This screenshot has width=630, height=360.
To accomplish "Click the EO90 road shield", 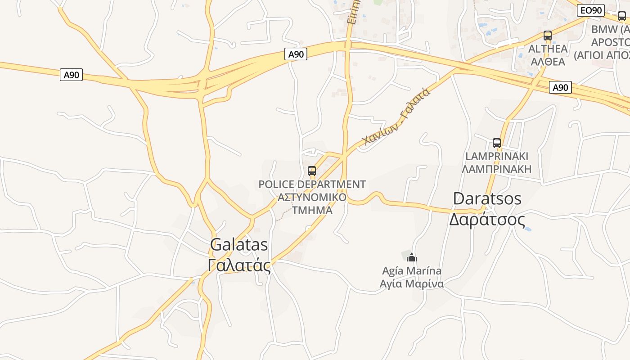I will (590, 10).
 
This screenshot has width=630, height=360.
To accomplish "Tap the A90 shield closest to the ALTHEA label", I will (560, 87).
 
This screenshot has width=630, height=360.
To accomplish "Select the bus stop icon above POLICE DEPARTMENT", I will (312, 171).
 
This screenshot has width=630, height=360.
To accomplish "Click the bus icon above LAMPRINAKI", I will (497, 143).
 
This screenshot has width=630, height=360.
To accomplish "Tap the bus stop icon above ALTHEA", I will (548, 36).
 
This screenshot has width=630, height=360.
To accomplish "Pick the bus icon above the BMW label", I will (621, 16).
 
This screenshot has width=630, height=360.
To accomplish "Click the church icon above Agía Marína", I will (412, 258).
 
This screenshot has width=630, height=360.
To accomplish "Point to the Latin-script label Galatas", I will (239, 245).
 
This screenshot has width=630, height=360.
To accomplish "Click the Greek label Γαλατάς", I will (239, 265).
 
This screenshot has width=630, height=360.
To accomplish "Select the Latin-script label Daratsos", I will (487, 198).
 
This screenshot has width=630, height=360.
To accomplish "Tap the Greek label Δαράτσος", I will (487, 220).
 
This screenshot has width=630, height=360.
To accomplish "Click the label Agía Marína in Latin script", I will (412, 271).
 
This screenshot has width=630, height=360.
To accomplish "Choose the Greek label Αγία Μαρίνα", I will (412, 284).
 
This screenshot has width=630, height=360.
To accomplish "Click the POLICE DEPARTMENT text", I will (312, 184).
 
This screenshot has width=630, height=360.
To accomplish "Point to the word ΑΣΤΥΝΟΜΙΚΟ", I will (312, 197).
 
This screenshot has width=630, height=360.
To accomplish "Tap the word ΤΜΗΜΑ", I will (312, 210).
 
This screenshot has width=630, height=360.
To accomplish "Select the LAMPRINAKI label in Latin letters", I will (497, 156).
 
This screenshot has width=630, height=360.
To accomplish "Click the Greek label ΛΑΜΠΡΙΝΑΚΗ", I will (497, 169).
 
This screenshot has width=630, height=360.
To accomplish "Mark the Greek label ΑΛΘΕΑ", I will (548, 61).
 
